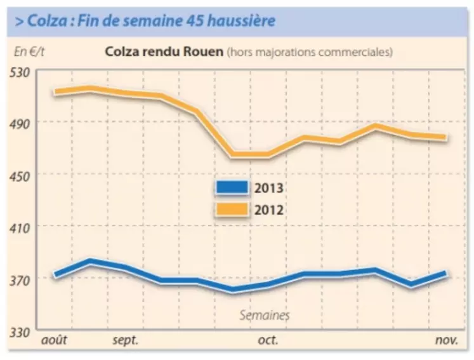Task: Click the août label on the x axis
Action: [54, 341]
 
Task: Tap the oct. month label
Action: [268, 341]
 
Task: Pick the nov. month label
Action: [446, 341]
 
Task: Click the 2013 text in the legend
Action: [268, 188]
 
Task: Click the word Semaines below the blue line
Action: [265, 315]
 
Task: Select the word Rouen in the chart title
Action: [205, 51]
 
